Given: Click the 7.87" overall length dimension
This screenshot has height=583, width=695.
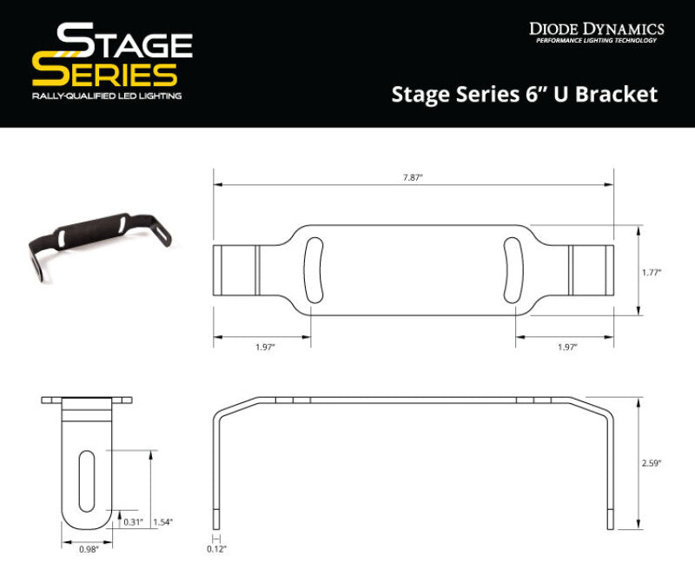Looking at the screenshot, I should [x=414, y=177].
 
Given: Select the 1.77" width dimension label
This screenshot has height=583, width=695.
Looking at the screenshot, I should [x=652, y=272].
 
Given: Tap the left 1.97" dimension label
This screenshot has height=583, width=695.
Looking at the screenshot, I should [x=265, y=347].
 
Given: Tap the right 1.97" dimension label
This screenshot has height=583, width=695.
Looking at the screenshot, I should [x=566, y=347].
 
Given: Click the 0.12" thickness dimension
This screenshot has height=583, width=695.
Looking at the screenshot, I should [x=215, y=548].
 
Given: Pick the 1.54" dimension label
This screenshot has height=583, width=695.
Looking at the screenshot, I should [x=162, y=521].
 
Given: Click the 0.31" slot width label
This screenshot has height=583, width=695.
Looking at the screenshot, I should [x=133, y=521].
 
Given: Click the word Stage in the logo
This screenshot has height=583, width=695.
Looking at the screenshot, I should [x=123, y=42].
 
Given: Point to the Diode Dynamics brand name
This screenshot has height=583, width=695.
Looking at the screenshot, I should [x=596, y=29].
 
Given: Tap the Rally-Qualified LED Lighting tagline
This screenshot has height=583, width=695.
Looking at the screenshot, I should [x=106, y=96].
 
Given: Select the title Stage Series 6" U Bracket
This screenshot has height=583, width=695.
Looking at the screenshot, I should [x=525, y=94].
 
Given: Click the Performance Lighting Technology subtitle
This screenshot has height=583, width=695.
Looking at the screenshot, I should [x=599, y=42].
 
